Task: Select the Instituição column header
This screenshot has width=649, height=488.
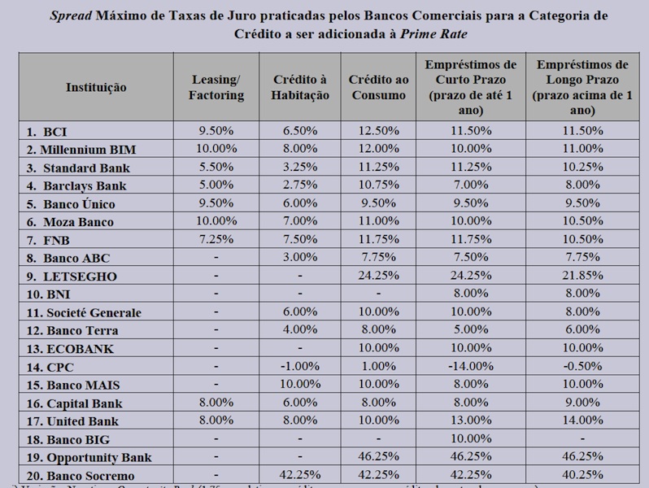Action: coord(97,86)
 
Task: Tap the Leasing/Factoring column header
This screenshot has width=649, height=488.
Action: coord(217,86)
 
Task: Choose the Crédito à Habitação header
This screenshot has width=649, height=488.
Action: coord(300,86)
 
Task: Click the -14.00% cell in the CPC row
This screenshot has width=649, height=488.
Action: coord(471,366)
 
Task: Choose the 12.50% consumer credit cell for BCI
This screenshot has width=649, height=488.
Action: coord(378,130)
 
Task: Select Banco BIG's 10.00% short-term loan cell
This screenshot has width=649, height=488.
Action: coord(471,438)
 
